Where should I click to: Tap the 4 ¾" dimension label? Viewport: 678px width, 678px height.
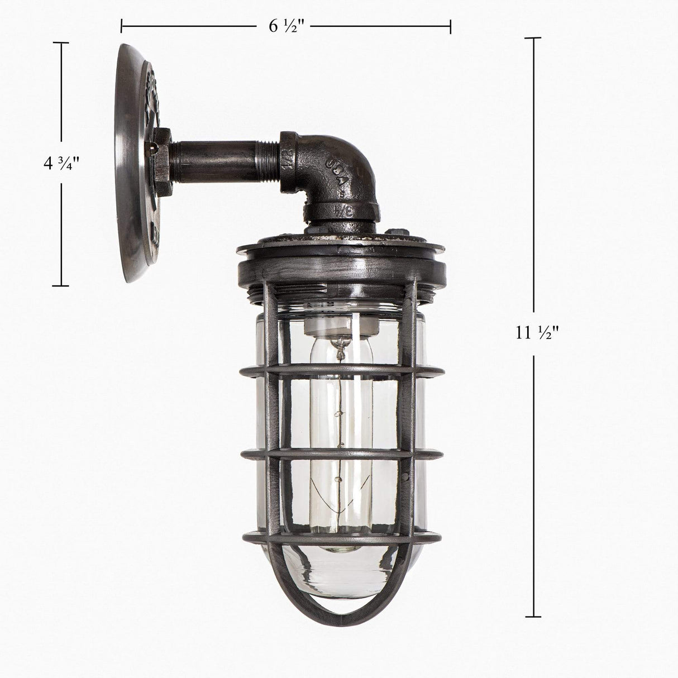pos(62,164)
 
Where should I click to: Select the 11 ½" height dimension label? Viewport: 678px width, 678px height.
pos(537,333)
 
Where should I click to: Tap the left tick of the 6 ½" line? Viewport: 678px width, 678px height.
pos(122,26)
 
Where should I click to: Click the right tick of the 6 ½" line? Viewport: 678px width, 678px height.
pos(450,26)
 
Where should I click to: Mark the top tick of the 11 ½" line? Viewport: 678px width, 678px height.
pos(533,38)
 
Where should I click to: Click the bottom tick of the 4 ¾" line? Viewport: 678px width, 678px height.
pos(61,286)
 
